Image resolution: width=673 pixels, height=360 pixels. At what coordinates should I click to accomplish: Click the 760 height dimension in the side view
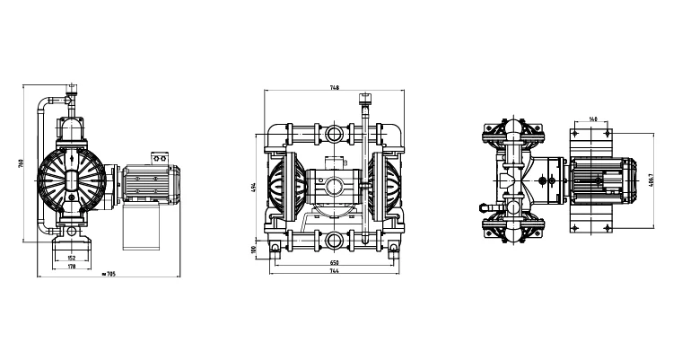(x=20, y=165)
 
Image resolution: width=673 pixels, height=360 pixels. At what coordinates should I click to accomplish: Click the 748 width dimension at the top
(x=334, y=88)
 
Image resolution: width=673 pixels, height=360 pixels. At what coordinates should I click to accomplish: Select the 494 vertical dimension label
(x=255, y=186)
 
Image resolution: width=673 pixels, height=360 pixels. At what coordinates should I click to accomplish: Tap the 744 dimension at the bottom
(x=334, y=270)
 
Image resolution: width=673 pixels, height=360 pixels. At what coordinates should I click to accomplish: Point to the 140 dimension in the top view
(x=592, y=119)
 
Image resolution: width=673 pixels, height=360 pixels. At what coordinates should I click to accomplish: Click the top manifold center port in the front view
(x=335, y=136)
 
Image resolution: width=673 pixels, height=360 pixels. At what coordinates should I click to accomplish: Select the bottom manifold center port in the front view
(x=335, y=239)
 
